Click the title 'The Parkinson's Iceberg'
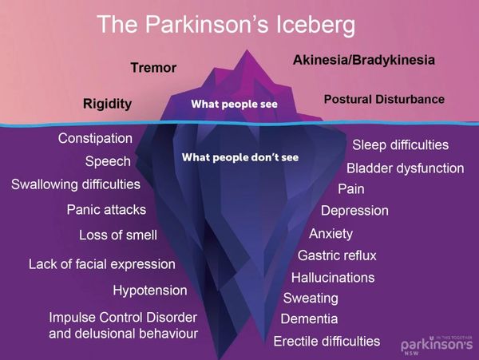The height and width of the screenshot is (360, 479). pyautogui.click(x=227, y=25)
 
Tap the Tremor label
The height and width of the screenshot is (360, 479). pyautogui.click(x=153, y=68)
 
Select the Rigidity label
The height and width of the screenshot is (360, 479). pyautogui.click(x=108, y=104)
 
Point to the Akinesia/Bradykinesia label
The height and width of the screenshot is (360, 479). pyautogui.click(x=364, y=60)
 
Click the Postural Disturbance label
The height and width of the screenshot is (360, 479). pyautogui.click(x=384, y=100)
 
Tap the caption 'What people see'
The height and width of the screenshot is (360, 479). pyautogui.click(x=234, y=104)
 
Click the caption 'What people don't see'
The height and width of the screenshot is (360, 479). pyautogui.click(x=240, y=157)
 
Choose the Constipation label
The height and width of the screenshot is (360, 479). pyautogui.click(x=95, y=139)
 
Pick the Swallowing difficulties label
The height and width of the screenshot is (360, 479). pyautogui.click(x=76, y=184)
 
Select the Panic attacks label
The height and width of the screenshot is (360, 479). pyautogui.click(x=106, y=210)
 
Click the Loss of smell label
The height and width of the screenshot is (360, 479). pyautogui.click(x=118, y=235)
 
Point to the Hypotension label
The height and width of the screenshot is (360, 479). pyautogui.click(x=150, y=291)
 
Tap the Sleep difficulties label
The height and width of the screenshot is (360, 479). pyautogui.click(x=401, y=145)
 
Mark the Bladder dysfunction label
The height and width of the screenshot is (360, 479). pyautogui.click(x=406, y=168)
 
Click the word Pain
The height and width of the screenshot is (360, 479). pyautogui.click(x=351, y=189)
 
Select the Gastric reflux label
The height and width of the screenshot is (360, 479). pyautogui.click(x=337, y=255)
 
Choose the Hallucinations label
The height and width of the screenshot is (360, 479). pyautogui.click(x=333, y=278)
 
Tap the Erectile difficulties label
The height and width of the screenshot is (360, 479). pyautogui.click(x=327, y=342)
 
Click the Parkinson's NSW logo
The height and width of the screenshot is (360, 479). pyautogui.click(x=437, y=346)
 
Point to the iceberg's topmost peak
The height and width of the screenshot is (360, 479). pyautogui.click(x=247, y=50)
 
